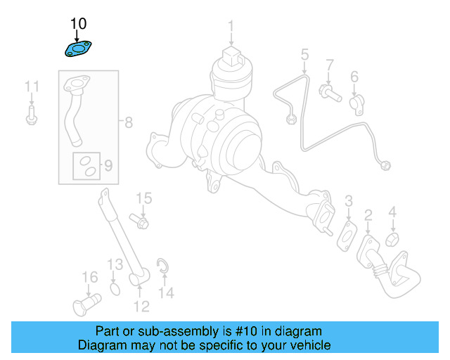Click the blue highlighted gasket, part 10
tap(79, 50)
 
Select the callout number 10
tap(79, 25)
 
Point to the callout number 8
tap(129, 123)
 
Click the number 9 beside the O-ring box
tap(108, 166)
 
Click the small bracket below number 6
tap(355, 103)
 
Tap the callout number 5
tap(304, 53)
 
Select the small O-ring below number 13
tap(116, 288)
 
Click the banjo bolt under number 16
tap(86, 304)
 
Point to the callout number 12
tap(141, 306)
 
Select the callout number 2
tap(368, 214)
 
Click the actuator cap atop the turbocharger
tap(231, 55)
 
